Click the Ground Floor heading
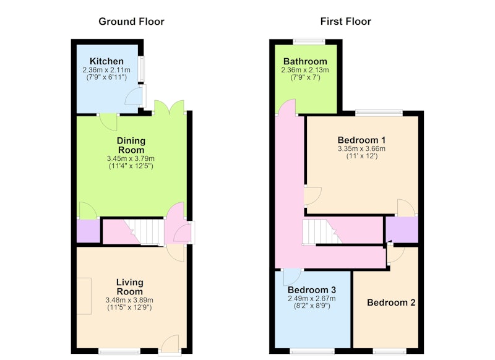[131, 22]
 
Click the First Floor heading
[346, 22]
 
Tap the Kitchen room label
[106, 61]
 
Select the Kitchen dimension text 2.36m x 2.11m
[106, 70]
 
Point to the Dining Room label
[131, 145]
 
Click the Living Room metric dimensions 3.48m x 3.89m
[130, 300]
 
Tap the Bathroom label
[305, 61]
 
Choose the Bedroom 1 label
[361, 140]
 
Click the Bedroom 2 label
[391, 302]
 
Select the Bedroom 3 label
[312, 289]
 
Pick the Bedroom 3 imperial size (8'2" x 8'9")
[312, 306]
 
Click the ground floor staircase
[146, 232]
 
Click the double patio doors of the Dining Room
[169, 108]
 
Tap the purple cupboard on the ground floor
[88, 231]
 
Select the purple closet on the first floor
[402, 229]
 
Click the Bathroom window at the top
[309, 41]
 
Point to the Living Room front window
[119, 351]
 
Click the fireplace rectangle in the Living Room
[84, 296]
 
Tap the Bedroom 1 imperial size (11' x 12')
[362, 156]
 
